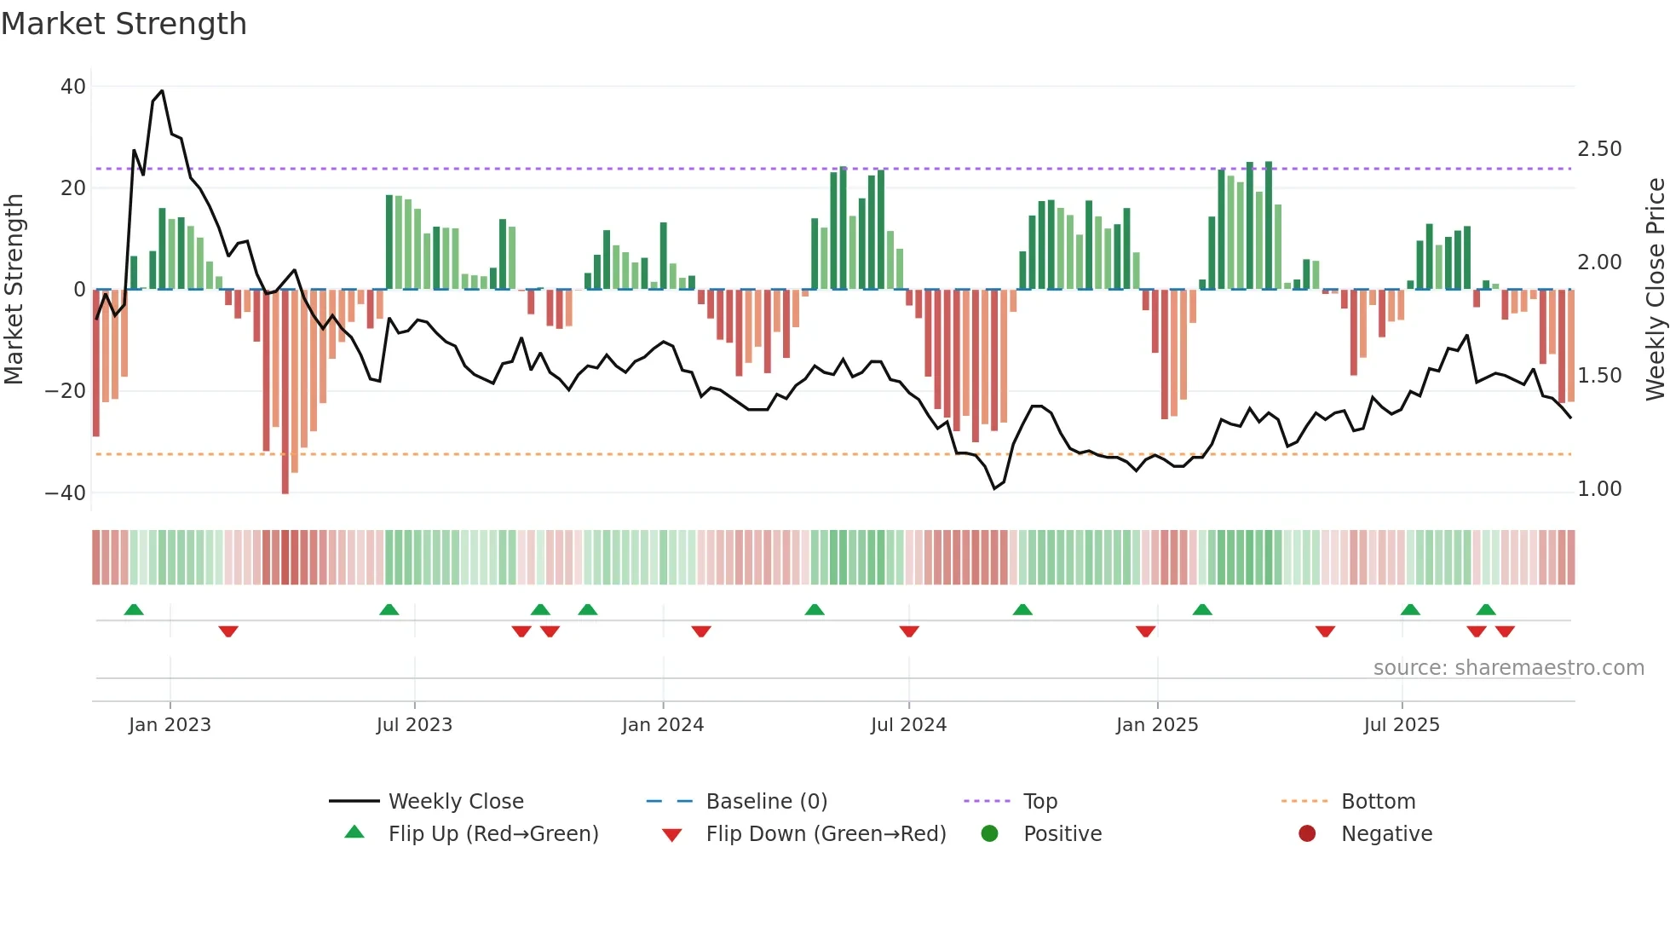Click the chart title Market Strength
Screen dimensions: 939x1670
click(124, 24)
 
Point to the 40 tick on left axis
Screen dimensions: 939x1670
click(73, 86)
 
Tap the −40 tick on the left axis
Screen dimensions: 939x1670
click(66, 493)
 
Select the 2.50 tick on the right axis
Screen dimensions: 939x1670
click(1599, 149)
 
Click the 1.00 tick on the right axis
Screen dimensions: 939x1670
click(1599, 489)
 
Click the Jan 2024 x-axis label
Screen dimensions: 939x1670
click(662, 725)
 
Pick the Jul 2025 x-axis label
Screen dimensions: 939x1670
click(1401, 725)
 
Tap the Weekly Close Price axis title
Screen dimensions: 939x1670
click(1655, 290)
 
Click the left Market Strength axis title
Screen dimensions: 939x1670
click(14, 290)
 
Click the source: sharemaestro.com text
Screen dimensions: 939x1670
click(1508, 668)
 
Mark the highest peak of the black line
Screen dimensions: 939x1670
click(162, 91)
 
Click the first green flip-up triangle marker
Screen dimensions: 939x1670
click(134, 609)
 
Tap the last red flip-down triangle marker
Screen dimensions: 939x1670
click(1505, 631)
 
